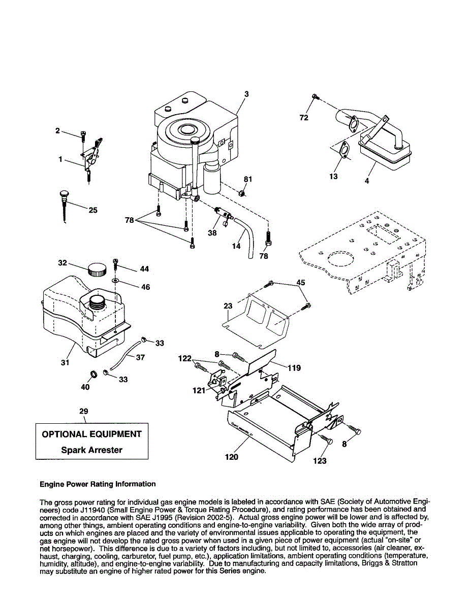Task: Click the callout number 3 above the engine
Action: click(x=246, y=94)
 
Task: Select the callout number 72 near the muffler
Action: click(x=304, y=118)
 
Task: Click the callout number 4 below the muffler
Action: click(x=367, y=181)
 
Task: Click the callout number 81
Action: click(x=248, y=179)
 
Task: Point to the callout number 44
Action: click(x=144, y=269)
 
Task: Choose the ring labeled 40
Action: click(x=93, y=376)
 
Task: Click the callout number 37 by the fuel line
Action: click(x=140, y=357)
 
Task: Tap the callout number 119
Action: click(x=294, y=367)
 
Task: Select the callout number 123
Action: click(x=320, y=461)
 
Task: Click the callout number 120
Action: click(x=231, y=457)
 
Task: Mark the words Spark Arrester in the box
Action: click(x=91, y=450)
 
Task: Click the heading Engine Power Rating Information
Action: click(x=98, y=484)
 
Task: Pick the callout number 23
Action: click(x=228, y=306)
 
